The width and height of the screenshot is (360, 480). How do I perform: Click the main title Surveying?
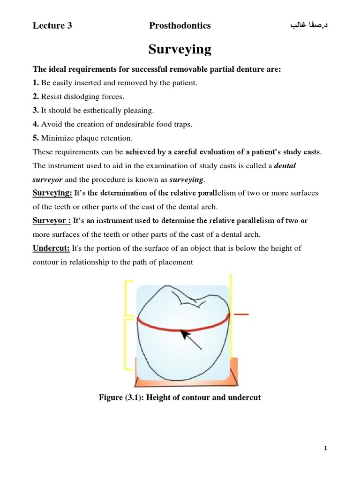[x=180, y=49]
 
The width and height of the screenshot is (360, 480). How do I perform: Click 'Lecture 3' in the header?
[x=52, y=26]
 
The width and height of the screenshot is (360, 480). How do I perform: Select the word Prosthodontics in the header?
[x=180, y=26]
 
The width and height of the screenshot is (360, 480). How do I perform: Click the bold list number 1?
[x=35, y=83]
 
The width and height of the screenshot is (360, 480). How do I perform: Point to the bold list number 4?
[x=35, y=124]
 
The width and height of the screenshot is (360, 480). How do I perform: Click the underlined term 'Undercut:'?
[x=51, y=248]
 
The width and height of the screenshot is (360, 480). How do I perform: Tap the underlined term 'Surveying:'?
[x=52, y=193]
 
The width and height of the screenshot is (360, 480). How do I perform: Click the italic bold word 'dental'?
[x=285, y=165]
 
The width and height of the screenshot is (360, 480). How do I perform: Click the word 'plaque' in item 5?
[x=82, y=138]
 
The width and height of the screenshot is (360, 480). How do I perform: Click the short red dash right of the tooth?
[x=241, y=314]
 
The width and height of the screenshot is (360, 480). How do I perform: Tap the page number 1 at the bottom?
[x=326, y=449]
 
